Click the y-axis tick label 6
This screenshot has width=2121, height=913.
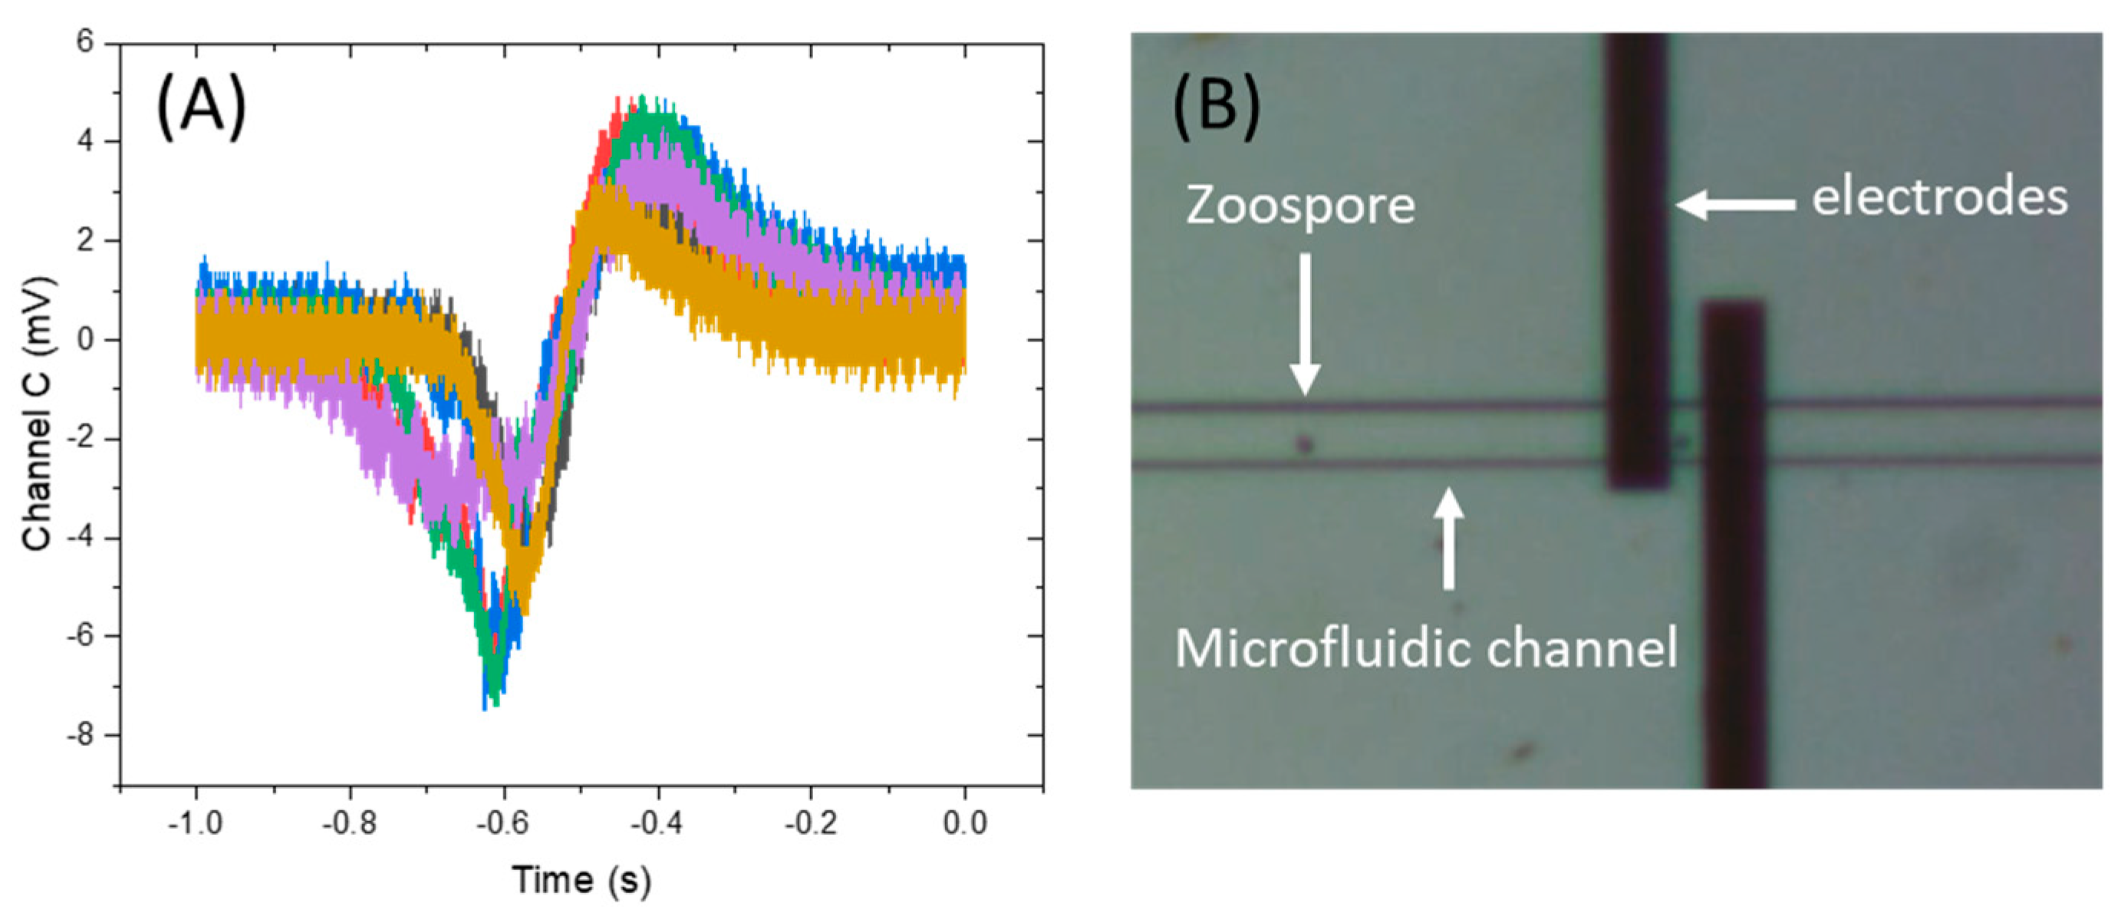(85, 42)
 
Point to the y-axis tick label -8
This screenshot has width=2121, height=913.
(80, 734)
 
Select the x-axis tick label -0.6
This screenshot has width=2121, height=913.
(503, 822)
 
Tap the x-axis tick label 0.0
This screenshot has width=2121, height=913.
(964, 822)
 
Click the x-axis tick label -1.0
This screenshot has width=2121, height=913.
(195, 822)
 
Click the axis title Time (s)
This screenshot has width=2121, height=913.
(581, 880)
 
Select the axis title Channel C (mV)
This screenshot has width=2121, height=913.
(37, 414)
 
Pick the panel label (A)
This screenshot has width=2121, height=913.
(201, 106)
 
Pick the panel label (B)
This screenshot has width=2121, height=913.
(1216, 106)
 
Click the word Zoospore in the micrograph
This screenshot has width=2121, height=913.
(1300, 205)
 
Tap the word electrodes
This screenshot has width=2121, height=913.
(1939, 198)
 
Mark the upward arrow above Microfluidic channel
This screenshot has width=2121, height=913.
(1448, 539)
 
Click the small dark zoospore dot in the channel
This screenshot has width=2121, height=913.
(1304, 446)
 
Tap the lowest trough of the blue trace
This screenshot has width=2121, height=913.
(485, 707)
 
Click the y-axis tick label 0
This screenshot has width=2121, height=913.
(85, 339)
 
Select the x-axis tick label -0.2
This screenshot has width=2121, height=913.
(810, 822)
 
